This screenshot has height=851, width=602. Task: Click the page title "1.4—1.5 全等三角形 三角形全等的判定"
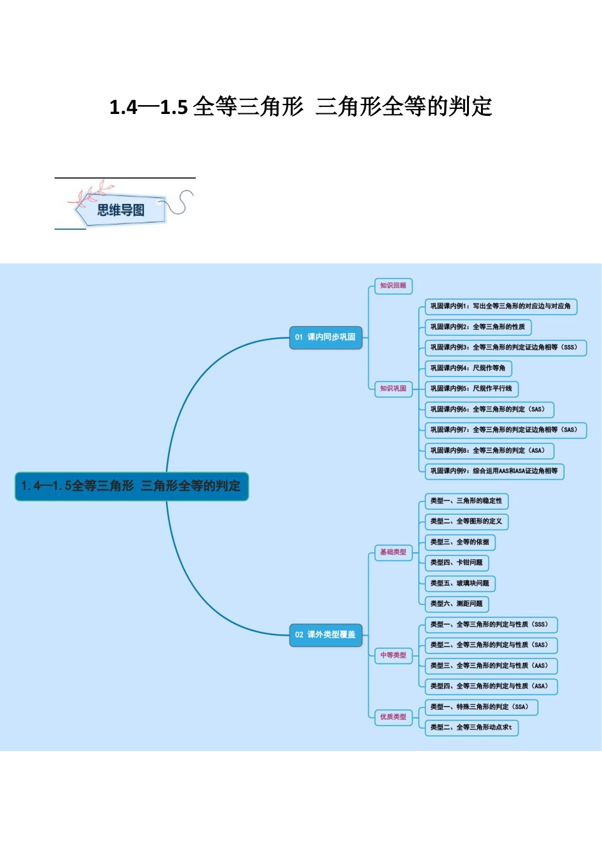click(x=301, y=107)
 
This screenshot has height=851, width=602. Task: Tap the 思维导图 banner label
click(x=120, y=210)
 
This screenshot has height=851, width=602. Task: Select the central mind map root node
click(x=131, y=486)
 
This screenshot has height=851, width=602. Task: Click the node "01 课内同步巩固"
click(x=325, y=337)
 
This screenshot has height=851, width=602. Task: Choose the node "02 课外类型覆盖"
click(x=325, y=634)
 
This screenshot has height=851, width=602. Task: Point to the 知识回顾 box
click(x=393, y=286)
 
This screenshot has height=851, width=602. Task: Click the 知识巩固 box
click(x=393, y=389)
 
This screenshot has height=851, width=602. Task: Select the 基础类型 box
click(x=393, y=552)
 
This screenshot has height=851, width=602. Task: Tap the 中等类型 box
click(x=393, y=655)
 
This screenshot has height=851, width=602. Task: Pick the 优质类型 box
click(x=393, y=717)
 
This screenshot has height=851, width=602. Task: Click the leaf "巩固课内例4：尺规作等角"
click(x=468, y=369)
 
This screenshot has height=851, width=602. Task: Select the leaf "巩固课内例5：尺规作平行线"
click(x=471, y=389)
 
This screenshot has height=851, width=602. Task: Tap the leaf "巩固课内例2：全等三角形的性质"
click(x=477, y=327)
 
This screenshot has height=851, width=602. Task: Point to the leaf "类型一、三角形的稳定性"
click(x=466, y=501)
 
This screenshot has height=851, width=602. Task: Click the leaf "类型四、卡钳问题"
click(x=456, y=563)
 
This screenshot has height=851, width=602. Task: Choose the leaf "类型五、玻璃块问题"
click(x=459, y=583)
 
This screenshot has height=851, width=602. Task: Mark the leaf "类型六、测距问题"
click(x=456, y=604)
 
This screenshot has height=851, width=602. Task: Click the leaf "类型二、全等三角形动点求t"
click(x=471, y=728)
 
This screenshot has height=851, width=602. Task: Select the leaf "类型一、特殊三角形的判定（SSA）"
click(x=480, y=707)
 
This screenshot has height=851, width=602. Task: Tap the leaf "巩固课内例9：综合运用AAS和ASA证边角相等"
click(x=494, y=471)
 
